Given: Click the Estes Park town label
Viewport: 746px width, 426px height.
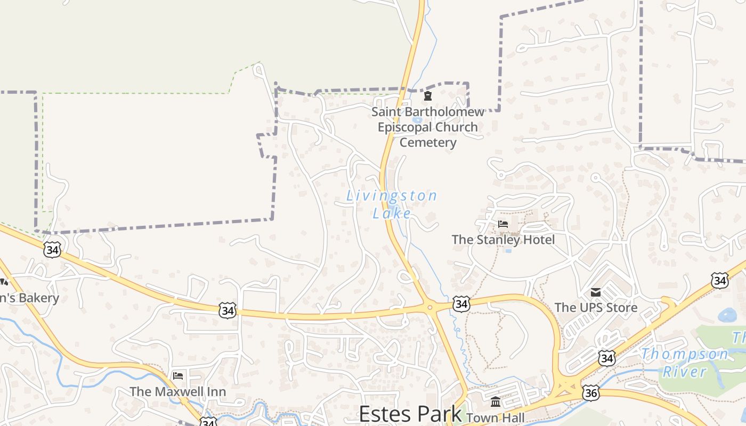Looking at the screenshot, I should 410,414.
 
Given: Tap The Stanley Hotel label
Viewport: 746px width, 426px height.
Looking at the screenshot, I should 503,240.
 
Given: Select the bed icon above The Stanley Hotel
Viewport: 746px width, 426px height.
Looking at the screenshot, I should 503,224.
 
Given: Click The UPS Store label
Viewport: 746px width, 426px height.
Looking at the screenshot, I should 596,307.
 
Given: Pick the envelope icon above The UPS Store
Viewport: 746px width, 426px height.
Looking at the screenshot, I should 596,292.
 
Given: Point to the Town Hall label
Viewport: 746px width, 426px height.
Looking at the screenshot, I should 496,418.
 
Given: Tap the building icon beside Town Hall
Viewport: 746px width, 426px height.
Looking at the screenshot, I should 496,402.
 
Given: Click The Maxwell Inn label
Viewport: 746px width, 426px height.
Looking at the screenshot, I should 178,391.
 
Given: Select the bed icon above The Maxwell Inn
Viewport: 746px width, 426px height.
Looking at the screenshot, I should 178,376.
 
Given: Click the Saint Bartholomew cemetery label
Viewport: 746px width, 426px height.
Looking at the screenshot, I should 428,127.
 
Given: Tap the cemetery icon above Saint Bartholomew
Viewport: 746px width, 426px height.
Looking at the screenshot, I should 427,96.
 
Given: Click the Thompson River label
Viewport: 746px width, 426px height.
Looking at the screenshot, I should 685,362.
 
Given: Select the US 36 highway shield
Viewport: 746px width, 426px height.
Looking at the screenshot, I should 591,393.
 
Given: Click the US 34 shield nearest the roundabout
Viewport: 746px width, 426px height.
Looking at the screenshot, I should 461,304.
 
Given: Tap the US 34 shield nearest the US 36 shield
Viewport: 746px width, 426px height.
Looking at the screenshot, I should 606,358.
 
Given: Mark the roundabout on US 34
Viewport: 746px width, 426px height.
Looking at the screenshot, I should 429,307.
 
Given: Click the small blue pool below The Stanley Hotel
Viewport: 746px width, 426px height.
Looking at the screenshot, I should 508,250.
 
